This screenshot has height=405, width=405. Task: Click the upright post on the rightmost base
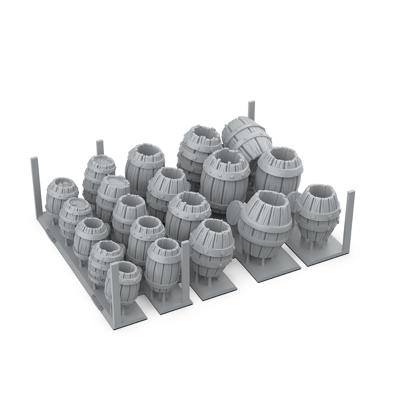click(350, 219)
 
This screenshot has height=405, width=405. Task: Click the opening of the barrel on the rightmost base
click(316, 192)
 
